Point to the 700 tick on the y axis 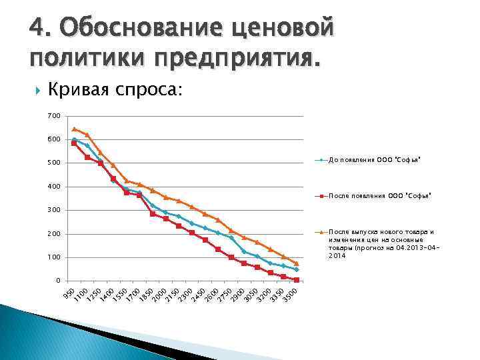pos(53,116)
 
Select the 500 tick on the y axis pos(53,163)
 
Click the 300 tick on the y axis pos(53,210)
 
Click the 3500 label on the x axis pos(289,294)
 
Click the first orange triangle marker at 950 pos(74,129)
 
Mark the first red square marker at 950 pos(74,143)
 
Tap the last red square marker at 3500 pos(297,280)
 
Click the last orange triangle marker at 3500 pos(297,263)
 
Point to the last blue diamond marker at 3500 pos(297,269)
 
